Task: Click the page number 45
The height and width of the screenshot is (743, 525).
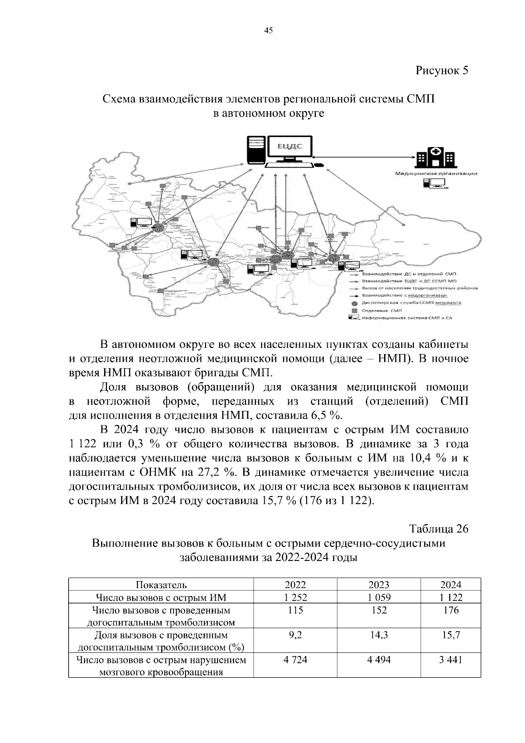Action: (x=269, y=30)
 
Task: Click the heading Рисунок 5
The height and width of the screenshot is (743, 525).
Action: (x=441, y=70)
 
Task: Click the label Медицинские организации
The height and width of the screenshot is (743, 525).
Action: (x=436, y=174)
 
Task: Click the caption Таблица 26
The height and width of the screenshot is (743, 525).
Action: (x=439, y=529)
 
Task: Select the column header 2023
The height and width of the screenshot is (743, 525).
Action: (x=379, y=585)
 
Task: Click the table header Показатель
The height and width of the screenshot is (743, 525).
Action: (x=161, y=585)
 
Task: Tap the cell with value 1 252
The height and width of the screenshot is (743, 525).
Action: (x=296, y=597)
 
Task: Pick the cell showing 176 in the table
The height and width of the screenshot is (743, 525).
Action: (x=451, y=610)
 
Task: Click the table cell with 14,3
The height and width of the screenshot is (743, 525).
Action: (x=379, y=635)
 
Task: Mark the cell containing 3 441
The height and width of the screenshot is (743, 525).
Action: (x=451, y=659)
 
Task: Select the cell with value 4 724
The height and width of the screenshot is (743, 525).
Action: (x=296, y=659)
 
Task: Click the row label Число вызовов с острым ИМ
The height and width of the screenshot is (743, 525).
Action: (x=161, y=597)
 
